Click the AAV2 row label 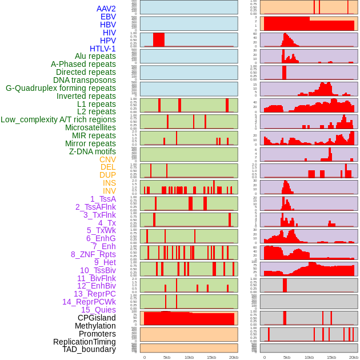coord(106,9)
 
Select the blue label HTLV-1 coord(103,49)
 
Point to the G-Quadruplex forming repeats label coord(61,88)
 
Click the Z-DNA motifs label coord(93,151)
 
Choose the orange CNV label coord(107,159)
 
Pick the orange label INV coord(109,191)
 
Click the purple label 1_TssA coord(103,199)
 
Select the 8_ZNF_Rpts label coord(93,254)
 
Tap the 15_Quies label coord(98,310)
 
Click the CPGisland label coord(97,318)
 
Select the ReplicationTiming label coord(85,342)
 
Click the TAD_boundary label coord(89,349)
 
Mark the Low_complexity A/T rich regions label coord(58,119)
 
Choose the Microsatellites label coord(90,127)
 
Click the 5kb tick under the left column coord(167,357)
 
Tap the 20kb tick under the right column coord(354,357)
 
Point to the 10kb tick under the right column coord(309,357)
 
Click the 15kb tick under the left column coord(211,357)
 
